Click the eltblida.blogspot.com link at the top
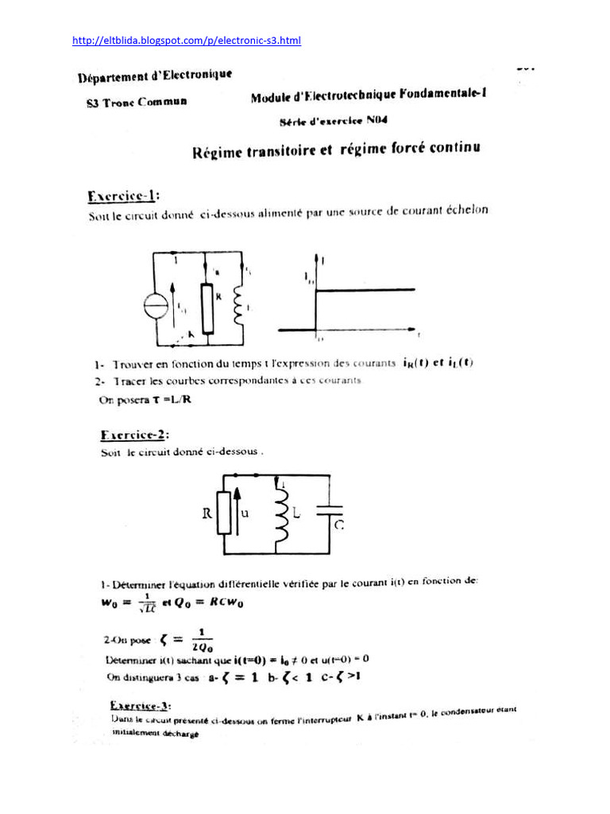187,41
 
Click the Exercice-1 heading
123,195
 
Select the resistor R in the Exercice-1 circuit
207,305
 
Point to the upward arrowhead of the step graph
318,257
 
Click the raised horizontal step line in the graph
365,290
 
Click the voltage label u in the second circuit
245,514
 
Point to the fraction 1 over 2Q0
199,640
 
